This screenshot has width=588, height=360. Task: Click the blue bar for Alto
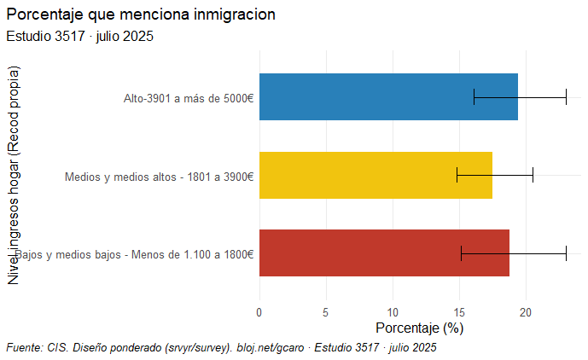[x=388, y=96]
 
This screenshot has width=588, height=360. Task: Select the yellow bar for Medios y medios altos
[x=376, y=175]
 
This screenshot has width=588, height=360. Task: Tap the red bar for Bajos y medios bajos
[x=384, y=253]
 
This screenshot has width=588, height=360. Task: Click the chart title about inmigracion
[x=141, y=15]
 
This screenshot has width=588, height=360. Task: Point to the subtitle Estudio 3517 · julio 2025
[x=79, y=37]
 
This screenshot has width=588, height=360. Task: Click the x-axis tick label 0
[x=259, y=312]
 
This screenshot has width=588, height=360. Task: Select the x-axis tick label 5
[x=326, y=312]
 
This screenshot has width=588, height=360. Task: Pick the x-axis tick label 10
[x=393, y=312]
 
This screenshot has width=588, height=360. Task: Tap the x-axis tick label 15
[x=459, y=312]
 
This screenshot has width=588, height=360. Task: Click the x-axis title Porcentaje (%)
[x=419, y=328]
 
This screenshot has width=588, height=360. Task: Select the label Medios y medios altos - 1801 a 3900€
[x=159, y=177]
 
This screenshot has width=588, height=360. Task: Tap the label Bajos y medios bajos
[x=135, y=254]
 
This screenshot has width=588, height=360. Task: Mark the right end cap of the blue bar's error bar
[x=566, y=96]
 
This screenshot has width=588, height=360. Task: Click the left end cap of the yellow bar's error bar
[x=457, y=175]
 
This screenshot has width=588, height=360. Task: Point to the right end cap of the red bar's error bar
[x=566, y=253]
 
